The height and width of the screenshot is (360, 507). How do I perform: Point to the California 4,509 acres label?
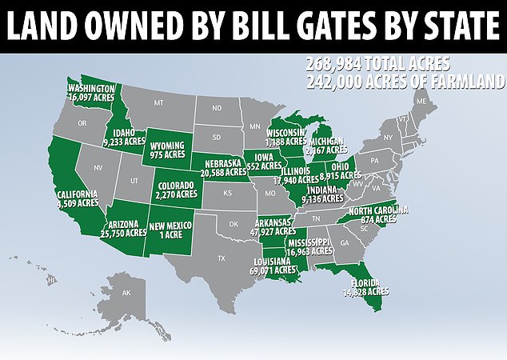[77, 198]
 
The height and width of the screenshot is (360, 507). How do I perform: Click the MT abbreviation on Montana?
[158, 103]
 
